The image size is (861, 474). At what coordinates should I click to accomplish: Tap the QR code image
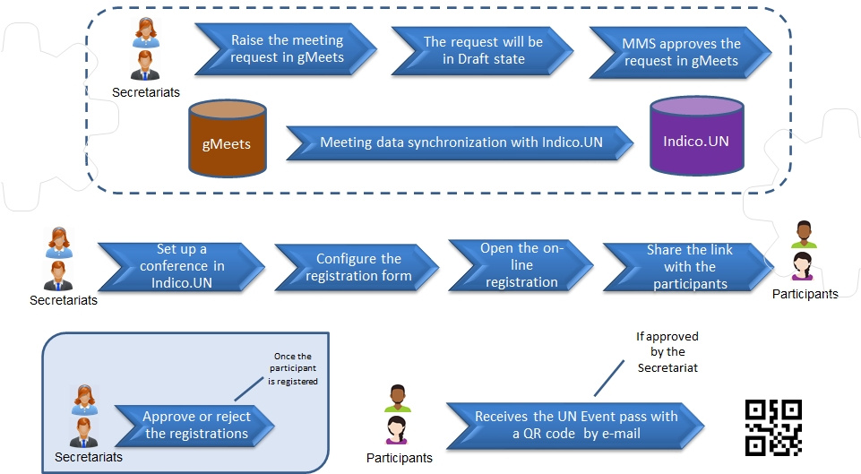pos(773,428)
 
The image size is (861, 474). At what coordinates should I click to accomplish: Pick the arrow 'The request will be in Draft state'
pos(482,49)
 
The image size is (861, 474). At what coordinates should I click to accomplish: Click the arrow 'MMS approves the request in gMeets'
pos(679,50)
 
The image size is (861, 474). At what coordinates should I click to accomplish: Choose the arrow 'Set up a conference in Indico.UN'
pos(181,267)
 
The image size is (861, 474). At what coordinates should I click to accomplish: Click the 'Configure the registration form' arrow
pos(357,267)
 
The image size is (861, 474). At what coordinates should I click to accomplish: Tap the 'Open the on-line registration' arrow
pos(522,265)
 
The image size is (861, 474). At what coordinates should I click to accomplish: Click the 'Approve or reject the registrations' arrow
pos(195,426)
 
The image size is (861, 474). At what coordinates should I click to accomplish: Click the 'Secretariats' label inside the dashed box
pos(145,91)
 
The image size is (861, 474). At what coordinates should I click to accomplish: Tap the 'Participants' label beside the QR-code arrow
pos(399,458)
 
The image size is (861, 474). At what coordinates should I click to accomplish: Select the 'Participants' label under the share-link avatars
pos(805,293)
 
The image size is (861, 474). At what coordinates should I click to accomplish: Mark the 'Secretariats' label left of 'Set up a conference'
pos(63,300)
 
